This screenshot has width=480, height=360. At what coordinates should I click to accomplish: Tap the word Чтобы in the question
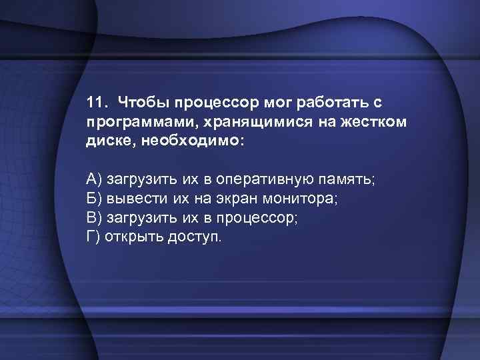(x=139, y=104)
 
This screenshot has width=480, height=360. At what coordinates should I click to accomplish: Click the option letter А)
(x=94, y=179)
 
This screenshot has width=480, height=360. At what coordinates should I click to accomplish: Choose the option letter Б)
(x=94, y=198)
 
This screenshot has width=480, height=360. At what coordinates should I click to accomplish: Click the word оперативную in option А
(x=273, y=179)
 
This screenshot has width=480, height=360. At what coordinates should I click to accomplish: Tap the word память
(x=350, y=179)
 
